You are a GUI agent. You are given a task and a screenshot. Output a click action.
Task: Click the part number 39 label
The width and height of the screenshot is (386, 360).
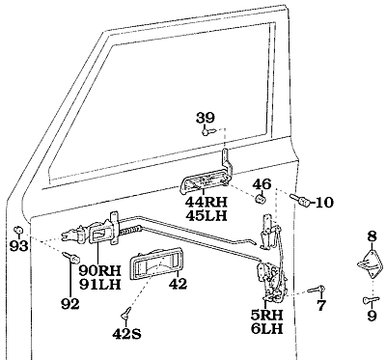206,118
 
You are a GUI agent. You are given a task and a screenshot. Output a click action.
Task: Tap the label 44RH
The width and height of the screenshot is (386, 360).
207,202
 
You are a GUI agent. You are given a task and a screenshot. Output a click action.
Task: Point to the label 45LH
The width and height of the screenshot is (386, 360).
207,215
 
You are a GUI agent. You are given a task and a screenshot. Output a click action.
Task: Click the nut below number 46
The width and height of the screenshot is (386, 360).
261,199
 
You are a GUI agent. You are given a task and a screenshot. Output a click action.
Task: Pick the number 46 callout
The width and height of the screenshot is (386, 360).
262,184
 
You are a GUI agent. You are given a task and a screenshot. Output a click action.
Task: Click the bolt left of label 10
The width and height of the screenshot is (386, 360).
300,201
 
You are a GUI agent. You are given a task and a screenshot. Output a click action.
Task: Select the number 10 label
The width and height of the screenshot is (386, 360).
325,203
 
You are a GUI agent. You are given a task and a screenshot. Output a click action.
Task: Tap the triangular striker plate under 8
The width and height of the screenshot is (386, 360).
371,264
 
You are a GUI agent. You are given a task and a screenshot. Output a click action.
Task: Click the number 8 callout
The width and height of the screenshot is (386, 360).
372,237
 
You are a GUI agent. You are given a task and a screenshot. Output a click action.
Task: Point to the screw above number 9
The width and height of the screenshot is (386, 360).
371,300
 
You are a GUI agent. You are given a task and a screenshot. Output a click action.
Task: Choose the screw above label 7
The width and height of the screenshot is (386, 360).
317,290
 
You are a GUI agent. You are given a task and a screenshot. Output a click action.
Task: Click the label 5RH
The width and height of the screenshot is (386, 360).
267,316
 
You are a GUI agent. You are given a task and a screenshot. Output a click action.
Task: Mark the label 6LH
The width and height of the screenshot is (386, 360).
267,329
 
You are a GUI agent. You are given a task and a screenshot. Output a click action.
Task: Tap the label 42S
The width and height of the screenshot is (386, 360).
126,335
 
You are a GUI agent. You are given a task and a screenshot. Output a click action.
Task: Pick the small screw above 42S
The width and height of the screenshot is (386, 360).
126,313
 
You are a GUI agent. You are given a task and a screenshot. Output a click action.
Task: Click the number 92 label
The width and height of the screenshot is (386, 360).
70,304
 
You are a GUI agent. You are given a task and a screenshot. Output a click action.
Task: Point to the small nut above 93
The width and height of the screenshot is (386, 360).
18,230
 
